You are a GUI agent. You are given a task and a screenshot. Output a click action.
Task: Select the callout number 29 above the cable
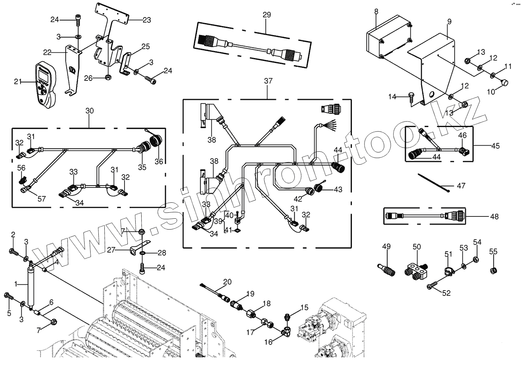pyautogui.click(x=266, y=15)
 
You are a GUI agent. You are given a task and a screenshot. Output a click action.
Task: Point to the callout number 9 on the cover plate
pyautogui.click(x=449, y=22)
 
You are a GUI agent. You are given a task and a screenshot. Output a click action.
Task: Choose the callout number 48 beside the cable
pyautogui.click(x=495, y=216)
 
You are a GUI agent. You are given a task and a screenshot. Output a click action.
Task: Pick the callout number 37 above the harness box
pyautogui.click(x=268, y=81)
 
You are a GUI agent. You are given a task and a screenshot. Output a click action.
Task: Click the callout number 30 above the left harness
pyautogui.click(x=89, y=111)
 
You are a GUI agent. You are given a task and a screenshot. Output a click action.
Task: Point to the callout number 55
pyautogui.click(x=493, y=252)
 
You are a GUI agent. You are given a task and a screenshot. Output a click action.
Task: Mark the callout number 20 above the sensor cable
pyautogui.click(x=227, y=281)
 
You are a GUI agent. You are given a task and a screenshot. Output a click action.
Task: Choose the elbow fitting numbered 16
pyautogui.click(x=287, y=330)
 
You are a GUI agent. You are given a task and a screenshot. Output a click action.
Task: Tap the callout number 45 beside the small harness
pyautogui.click(x=495, y=146)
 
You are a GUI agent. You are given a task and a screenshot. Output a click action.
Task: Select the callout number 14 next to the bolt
pyautogui.click(x=392, y=97)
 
